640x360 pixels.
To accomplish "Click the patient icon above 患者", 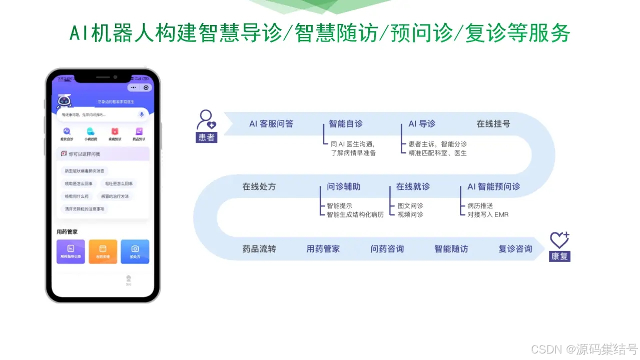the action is (206, 120).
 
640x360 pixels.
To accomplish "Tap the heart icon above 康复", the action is (559, 240).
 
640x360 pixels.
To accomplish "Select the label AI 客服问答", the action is (271, 123).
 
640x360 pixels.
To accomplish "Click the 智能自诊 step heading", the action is (346, 123).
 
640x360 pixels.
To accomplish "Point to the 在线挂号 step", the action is (493, 123).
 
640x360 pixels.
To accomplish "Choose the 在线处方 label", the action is (259, 186).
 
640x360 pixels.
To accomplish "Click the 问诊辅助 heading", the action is (344, 186).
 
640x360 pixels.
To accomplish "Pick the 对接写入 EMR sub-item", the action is (488, 214).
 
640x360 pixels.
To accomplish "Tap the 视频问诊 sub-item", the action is (410, 214).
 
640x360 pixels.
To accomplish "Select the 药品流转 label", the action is (259, 248).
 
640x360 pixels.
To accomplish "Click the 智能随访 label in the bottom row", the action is (451, 248).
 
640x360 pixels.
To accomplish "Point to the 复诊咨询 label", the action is (515, 248).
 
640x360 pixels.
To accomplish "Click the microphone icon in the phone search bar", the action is (142, 114).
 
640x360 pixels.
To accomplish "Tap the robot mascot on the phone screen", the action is (64, 101).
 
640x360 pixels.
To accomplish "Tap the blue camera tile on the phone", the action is (135, 251).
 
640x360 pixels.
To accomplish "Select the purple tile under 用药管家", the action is (71, 251).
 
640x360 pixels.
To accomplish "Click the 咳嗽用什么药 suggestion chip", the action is (77, 196).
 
